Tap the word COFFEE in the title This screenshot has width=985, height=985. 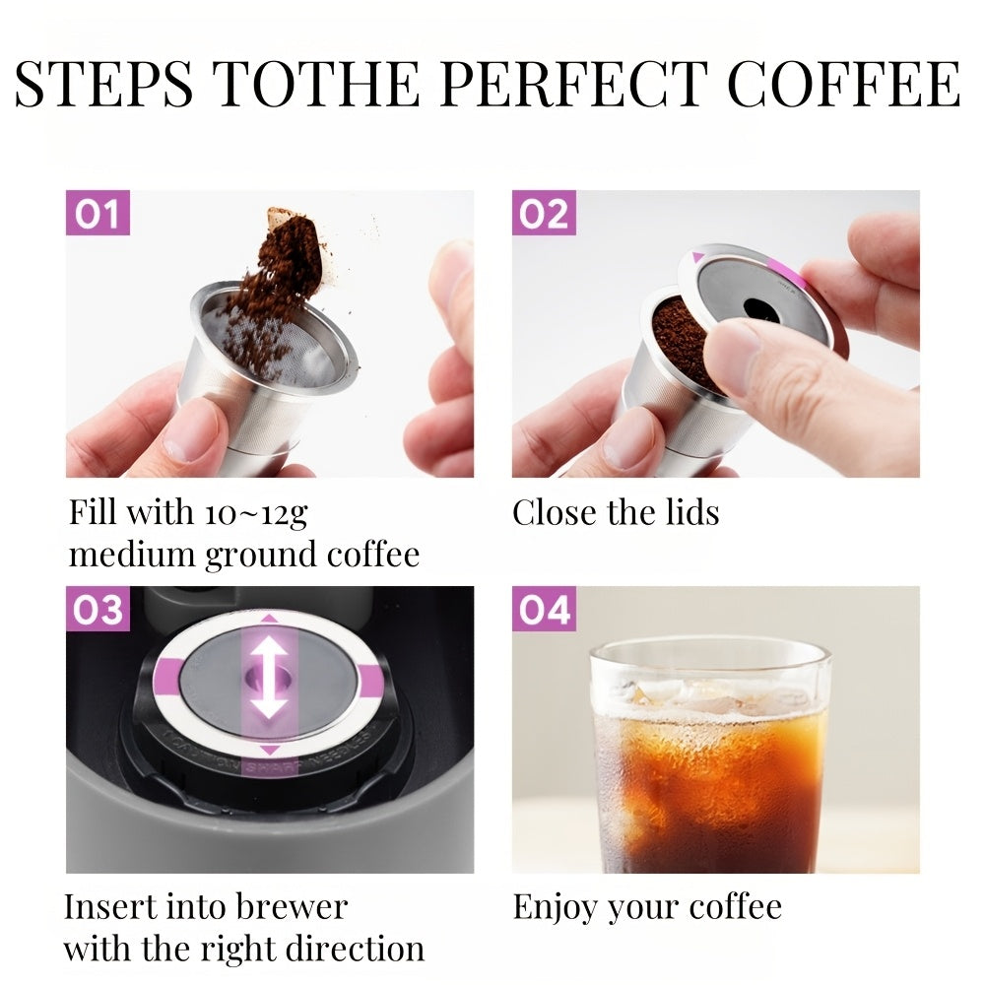(844, 83)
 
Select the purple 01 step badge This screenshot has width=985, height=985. (98, 213)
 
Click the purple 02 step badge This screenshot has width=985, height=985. (544, 213)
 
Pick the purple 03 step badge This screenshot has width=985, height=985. (98, 609)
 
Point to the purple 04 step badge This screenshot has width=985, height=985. (544, 609)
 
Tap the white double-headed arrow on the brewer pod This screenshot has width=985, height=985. (270, 679)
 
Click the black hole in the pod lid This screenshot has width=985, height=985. (761, 309)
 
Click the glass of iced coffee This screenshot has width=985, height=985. (707, 756)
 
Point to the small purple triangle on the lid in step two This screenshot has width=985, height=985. (697, 257)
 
